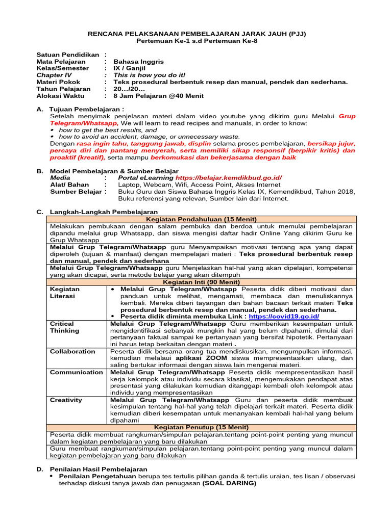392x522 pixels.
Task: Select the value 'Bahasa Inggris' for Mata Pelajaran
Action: click(x=138, y=61)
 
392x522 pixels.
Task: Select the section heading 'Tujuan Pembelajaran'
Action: click(x=86, y=109)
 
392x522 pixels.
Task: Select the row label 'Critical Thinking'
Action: click(x=65, y=327)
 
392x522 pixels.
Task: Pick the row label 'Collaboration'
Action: click(x=72, y=351)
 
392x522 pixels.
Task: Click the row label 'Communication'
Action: click(x=76, y=372)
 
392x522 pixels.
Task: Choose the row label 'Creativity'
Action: click(x=66, y=400)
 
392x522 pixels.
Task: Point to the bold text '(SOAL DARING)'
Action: click(x=229, y=483)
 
